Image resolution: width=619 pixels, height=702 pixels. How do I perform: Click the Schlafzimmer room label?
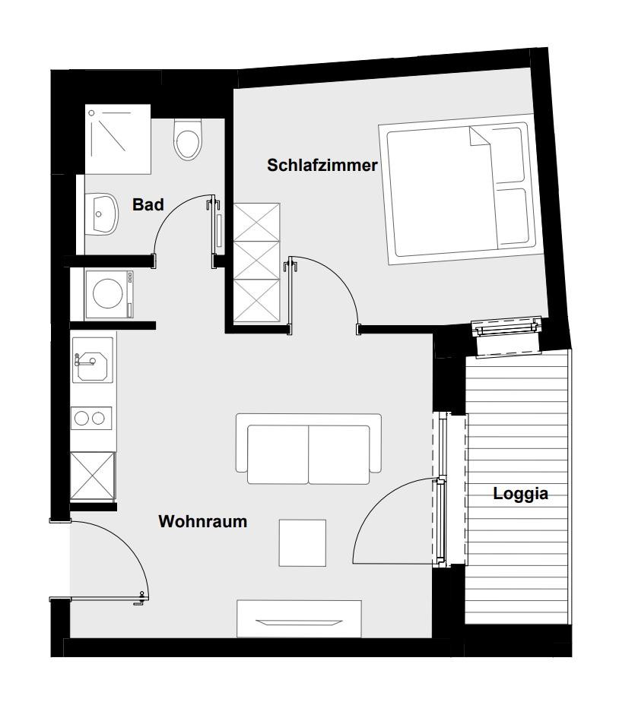click(322, 165)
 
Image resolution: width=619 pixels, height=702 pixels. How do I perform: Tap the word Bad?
click(148, 204)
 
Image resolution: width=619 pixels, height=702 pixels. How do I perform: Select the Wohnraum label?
click(202, 522)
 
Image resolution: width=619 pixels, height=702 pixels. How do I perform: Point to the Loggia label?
click(520, 494)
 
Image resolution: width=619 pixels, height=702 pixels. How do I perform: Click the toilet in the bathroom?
click(187, 140)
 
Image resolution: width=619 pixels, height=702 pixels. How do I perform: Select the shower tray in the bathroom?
click(118, 139)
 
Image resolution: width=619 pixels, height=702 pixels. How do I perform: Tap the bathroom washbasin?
click(101, 213)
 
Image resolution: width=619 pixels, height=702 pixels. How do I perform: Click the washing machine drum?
click(107, 293)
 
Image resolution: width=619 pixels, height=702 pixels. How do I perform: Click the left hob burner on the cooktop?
click(81, 419)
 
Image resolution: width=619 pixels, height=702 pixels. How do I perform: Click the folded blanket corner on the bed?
click(479, 136)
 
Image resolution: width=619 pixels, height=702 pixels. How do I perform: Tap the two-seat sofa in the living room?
click(309, 449)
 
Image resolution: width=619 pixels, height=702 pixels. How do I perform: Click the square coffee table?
click(303, 542)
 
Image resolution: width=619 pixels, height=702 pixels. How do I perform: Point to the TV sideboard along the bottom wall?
click(299, 618)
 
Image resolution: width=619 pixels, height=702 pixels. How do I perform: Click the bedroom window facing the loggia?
click(508, 327)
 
